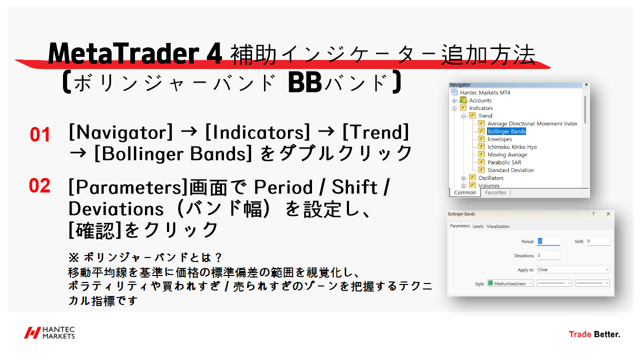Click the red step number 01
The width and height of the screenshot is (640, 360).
[40, 135]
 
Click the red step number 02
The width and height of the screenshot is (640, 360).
[40, 186]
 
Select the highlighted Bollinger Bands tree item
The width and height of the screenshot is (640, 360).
[506, 131]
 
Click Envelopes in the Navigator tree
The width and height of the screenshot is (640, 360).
[499, 139]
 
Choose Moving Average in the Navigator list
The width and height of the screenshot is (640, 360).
[507, 154]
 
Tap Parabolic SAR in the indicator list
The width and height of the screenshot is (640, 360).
[504, 162]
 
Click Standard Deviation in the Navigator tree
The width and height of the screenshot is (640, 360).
[510, 170]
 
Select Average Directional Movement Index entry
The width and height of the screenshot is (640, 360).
[532, 123]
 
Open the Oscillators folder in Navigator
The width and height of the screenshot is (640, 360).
[490, 178]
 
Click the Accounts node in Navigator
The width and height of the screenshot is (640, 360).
[480, 100]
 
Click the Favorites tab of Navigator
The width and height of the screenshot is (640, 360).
[495, 192]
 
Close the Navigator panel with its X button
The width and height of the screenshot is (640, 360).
[586, 85]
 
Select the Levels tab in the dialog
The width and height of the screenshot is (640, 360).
[478, 226]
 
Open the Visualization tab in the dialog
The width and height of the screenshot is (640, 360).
[498, 226]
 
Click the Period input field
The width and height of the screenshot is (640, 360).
[548, 241]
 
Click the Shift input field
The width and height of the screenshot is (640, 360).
[598, 241]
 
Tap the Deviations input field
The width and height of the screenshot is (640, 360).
[548, 255]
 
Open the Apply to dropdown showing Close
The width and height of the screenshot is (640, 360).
[573, 269]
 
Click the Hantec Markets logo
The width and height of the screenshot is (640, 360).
[50, 333]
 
